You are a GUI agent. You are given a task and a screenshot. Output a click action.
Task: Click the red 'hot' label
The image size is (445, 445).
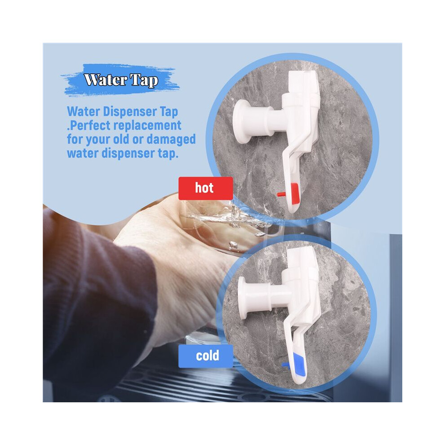(205, 188)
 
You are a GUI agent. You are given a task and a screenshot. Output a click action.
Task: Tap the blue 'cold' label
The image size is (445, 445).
(205, 356)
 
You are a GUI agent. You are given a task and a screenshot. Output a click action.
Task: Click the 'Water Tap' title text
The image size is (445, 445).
(121, 80)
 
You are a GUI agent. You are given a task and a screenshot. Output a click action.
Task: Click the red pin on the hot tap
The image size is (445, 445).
(281, 194)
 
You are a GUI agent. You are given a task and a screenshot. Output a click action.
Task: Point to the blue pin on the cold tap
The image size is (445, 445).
(286, 365)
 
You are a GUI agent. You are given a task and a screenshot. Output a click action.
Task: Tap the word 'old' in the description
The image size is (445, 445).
(121, 139)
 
